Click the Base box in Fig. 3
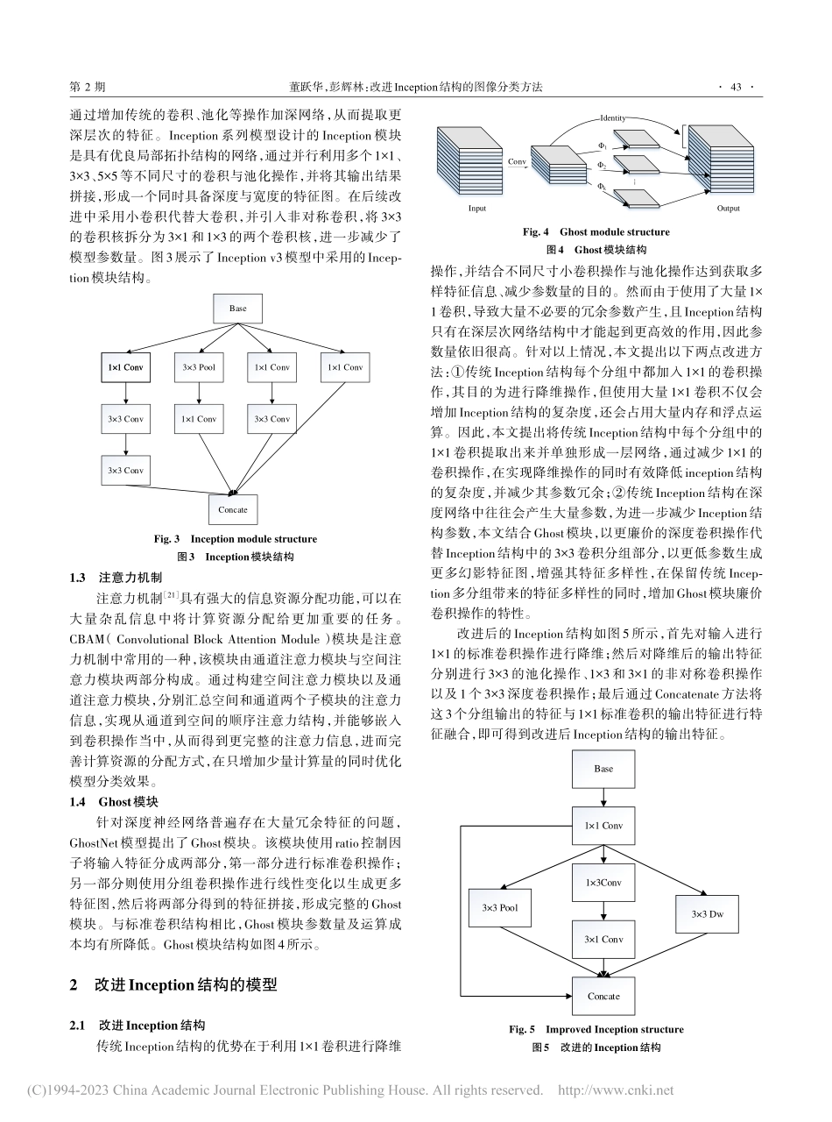(238, 309)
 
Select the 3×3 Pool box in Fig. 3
(199, 367)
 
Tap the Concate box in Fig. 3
(233, 509)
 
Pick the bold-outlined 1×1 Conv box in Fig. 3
(125, 367)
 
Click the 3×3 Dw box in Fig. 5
(708, 914)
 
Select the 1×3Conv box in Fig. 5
(603, 884)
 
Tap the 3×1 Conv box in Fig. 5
(603, 939)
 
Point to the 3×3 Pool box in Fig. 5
(500, 907)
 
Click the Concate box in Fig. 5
(603, 996)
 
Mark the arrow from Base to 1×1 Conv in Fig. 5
(603, 797)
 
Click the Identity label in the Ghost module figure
(613, 117)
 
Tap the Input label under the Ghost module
(477, 209)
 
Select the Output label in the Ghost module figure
(728, 209)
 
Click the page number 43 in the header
(736, 87)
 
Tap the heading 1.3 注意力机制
(116, 578)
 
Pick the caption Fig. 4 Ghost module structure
(596, 232)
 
